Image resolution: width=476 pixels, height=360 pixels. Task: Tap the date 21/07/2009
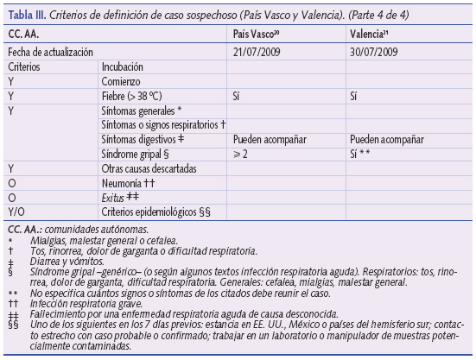258,52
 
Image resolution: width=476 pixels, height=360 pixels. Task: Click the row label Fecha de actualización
49,52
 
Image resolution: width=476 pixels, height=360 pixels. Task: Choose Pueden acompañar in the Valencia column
387,138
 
